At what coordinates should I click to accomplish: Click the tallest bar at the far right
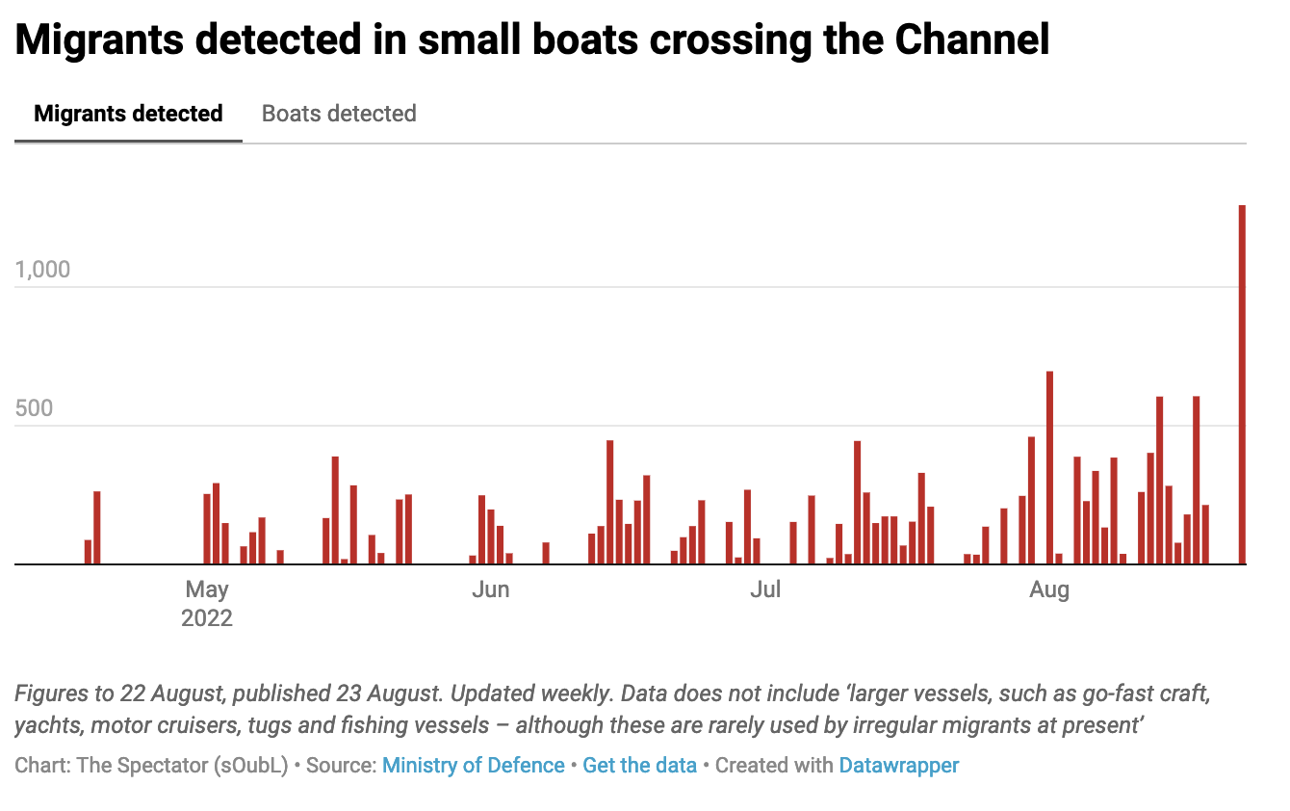[x=1242, y=385]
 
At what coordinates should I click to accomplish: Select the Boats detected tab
[x=339, y=114]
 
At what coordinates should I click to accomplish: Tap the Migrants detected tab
[x=128, y=114]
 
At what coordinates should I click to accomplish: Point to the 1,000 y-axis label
[x=43, y=270]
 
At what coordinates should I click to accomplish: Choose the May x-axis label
[x=207, y=589]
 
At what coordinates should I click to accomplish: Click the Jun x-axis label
[x=490, y=589]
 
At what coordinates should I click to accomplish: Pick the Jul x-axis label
[x=765, y=589]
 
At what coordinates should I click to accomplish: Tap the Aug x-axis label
[x=1048, y=589]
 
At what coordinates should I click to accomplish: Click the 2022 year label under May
[x=207, y=617]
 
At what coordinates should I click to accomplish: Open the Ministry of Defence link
[x=473, y=766]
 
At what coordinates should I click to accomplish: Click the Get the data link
[x=639, y=766]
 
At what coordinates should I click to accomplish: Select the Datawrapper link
[x=899, y=766]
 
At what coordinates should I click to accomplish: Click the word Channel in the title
[x=971, y=40]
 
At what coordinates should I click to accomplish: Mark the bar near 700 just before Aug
[x=1049, y=468]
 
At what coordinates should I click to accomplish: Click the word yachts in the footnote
[x=45, y=725]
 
